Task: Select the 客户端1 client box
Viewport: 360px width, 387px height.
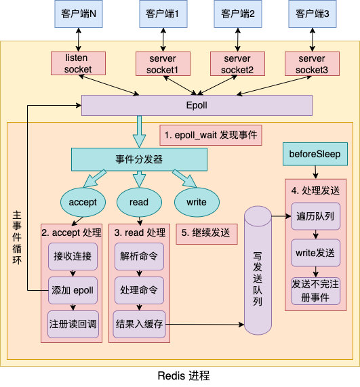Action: click(163, 14)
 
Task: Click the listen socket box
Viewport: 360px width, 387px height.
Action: click(77, 64)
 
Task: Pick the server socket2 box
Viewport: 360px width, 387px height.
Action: click(237, 64)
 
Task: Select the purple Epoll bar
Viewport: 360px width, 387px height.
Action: click(197, 106)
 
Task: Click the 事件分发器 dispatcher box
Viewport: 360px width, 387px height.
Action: click(139, 160)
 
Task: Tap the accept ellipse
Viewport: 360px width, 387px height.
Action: click(83, 201)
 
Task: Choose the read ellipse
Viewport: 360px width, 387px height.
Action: click(138, 201)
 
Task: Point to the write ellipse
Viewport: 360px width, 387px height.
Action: click(197, 201)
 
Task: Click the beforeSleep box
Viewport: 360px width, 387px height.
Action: click(315, 155)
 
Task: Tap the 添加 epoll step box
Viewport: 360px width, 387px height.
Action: click(73, 290)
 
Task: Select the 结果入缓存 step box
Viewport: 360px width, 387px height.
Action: click(139, 324)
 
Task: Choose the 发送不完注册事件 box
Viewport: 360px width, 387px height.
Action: click(315, 290)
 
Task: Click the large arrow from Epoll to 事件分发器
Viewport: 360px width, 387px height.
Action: click(139, 133)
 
